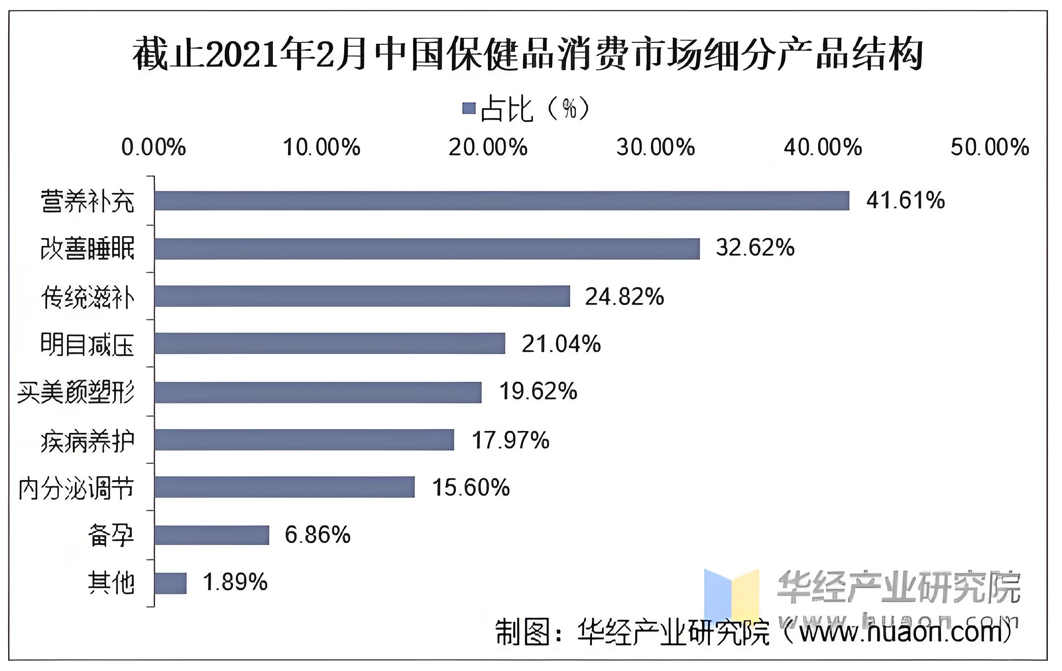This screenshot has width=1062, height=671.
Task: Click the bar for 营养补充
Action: [x=501, y=201]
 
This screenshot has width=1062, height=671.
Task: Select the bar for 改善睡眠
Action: [x=427, y=248]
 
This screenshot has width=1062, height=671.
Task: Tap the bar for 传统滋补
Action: [x=362, y=296]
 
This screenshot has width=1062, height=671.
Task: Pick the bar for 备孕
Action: [x=211, y=535]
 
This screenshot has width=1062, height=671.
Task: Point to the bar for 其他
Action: [x=170, y=583]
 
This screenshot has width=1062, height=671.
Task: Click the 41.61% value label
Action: [x=905, y=201]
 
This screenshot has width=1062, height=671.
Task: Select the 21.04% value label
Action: [x=561, y=344]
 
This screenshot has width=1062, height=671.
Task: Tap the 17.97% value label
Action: [x=510, y=440]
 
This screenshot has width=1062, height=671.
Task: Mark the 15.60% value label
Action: [x=471, y=488]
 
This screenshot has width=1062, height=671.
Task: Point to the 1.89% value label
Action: [x=235, y=582]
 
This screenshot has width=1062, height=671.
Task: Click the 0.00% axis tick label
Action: [x=153, y=148]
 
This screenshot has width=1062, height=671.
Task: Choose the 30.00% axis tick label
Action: [x=655, y=148]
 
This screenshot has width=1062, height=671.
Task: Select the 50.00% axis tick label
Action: [x=989, y=148]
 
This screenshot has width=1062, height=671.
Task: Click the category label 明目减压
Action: [x=87, y=344]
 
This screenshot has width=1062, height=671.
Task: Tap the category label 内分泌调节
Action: [x=76, y=488]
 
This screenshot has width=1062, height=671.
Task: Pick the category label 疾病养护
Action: [x=87, y=441]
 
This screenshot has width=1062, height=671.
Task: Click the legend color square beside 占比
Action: [x=469, y=108]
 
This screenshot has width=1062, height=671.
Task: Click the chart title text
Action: [x=527, y=54]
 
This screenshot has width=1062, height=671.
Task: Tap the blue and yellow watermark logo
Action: [x=731, y=595]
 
